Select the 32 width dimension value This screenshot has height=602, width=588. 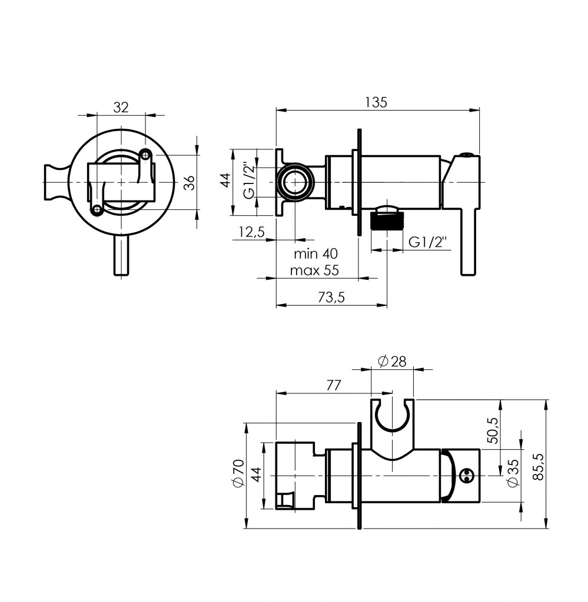[121, 107]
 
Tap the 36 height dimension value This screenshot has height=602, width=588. [188, 183]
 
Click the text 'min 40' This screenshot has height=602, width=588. [315, 254]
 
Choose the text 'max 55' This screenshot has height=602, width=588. [315, 270]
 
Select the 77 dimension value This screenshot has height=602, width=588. [333, 386]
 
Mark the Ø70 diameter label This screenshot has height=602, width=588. [238, 474]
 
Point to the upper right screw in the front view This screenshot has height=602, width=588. [146, 154]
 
